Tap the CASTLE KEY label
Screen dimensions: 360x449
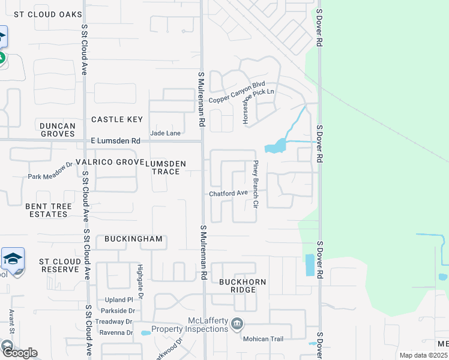[x=117, y=119]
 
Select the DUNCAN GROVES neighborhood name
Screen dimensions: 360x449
[x=58, y=130]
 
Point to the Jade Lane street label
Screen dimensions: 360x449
[x=165, y=133]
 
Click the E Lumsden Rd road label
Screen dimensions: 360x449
[x=115, y=141]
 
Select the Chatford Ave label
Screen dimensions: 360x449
[x=228, y=193]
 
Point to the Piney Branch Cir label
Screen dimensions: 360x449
[x=255, y=184]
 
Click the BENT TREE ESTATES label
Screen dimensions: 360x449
[x=49, y=210]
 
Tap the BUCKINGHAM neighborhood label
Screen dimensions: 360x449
[x=133, y=239]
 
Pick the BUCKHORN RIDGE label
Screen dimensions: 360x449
[x=242, y=286]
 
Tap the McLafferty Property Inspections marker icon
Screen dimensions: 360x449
[x=238, y=324]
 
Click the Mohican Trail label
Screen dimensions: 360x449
[x=262, y=338]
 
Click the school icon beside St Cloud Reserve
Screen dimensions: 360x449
[x=13, y=259]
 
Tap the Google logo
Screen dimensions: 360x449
[x=19, y=352]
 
